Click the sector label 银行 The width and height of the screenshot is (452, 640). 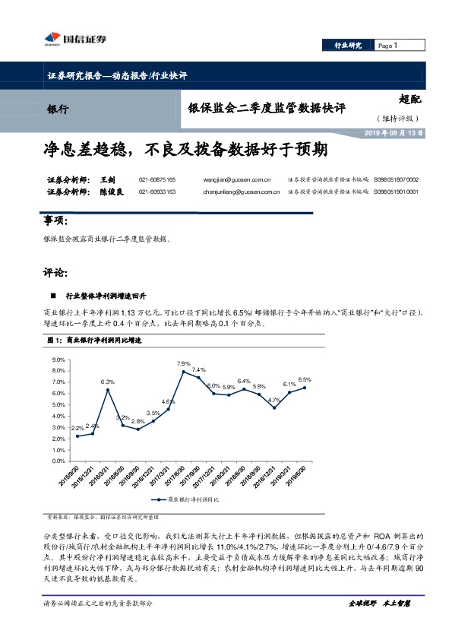point(58,109)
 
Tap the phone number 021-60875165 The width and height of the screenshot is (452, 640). point(156,179)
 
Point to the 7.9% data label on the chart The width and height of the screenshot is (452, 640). point(183,364)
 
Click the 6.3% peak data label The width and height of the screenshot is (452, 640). point(107,382)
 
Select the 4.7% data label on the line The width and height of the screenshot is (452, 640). point(274,400)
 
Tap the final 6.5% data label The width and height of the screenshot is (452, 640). point(305,379)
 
